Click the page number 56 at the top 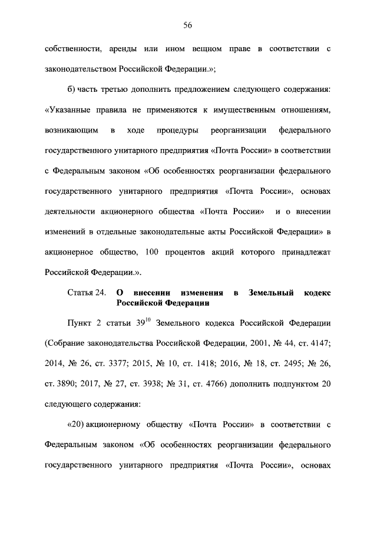188,25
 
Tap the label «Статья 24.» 86,293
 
